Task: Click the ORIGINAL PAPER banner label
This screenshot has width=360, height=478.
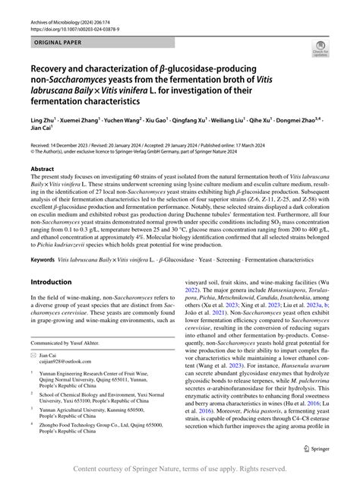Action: pos(58,35)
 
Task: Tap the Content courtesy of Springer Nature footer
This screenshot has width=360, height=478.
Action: pos(180,468)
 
